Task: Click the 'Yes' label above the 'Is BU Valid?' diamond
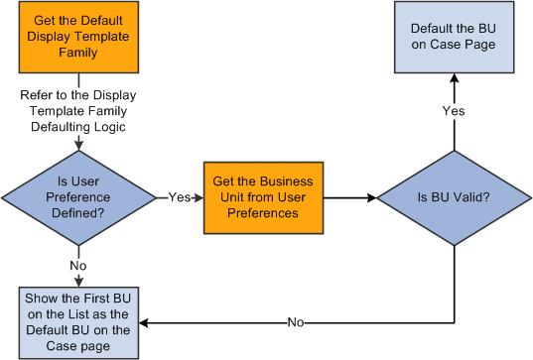(x=454, y=111)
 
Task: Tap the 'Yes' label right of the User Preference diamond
(x=179, y=197)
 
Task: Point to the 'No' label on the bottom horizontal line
(x=296, y=322)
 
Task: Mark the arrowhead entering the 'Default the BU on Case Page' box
(x=454, y=79)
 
